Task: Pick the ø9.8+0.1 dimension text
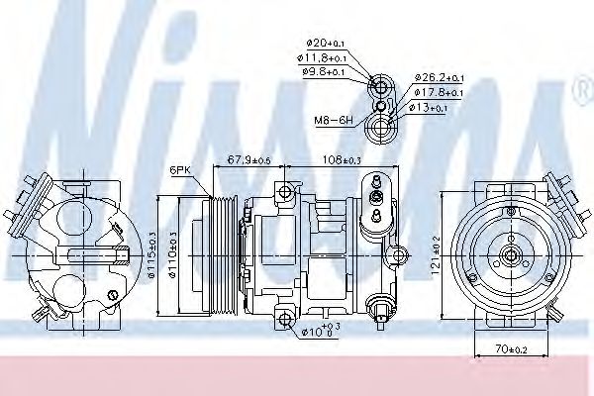coord(326,72)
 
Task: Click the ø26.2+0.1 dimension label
coord(436,75)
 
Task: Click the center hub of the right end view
coord(511,254)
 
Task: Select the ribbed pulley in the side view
coord(219,254)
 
